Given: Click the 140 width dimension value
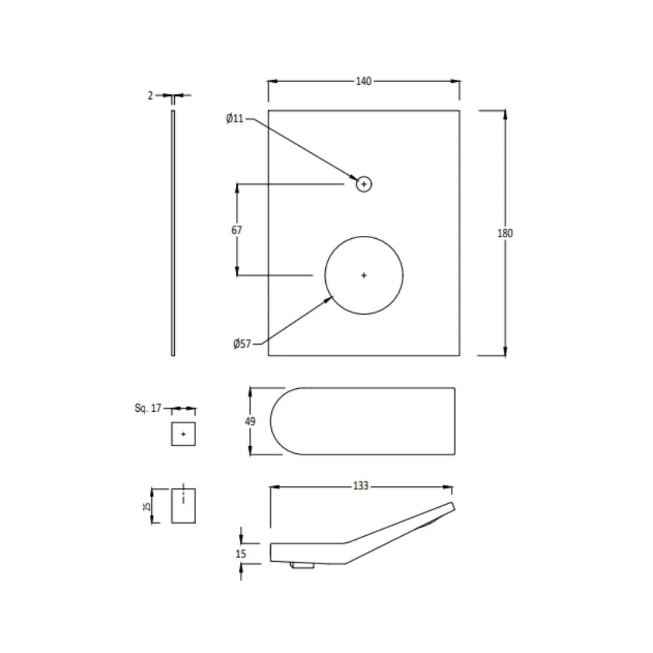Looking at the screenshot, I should [x=363, y=81].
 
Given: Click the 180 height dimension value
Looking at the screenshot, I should [x=505, y=233].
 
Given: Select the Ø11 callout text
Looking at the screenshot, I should [x=235, y=119].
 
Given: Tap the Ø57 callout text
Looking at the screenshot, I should [x=242, y=344].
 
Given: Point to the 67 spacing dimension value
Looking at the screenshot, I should [x=236, y=230].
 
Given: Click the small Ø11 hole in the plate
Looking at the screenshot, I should [x=363, y=184].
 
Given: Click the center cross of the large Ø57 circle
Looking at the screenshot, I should [x=363, y=275].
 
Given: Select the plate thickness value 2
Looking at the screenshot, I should [x=151, y=96].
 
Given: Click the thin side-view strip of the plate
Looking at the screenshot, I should [x=173, y=233].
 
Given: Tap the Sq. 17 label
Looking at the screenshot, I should [x=148, y=408].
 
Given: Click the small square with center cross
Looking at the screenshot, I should [x=183, y=434].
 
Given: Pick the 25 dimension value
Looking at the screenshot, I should [x=146, y=507].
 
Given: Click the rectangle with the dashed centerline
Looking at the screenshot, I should [x=183, y=505].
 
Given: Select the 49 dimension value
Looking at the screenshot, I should [x=250, y=421].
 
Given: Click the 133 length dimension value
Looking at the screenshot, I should [x=360, y=486].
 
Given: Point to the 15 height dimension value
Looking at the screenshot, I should [x=241, y=554].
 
